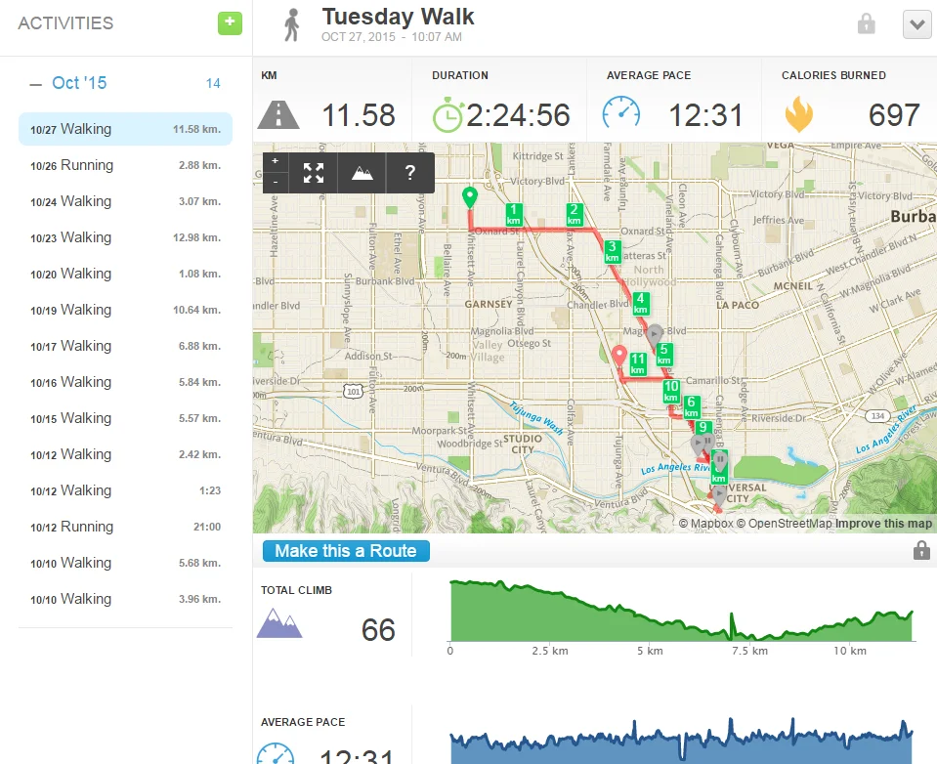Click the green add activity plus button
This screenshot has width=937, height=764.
tap(230, 23)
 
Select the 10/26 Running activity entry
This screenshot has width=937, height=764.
tap(125, 165)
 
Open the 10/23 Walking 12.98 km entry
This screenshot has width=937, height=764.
tap(125, 237)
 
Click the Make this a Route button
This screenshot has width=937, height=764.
tap(346, 551)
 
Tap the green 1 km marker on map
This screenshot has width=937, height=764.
tap(514, 214)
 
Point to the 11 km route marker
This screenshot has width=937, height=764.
tap(638, 364)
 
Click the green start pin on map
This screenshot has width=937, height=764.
tap(469, 197)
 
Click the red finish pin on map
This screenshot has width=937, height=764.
tap(618, 357)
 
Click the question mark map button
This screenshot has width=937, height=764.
tap(410, 173)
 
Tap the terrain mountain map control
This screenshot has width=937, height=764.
tap(362, 173)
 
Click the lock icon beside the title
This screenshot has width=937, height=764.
tap(866, 24)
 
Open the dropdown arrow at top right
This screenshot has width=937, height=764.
tap(917, 24)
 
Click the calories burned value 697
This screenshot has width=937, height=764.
tap(893, 115)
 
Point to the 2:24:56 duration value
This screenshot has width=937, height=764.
tap(518, 115)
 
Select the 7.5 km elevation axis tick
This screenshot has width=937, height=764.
tap(749, 651)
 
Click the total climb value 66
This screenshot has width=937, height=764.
tap(378, 630)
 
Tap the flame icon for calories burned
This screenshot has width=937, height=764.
tap(798, 115)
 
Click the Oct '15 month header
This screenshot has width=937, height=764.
tap(79, 83)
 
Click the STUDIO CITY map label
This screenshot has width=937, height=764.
tap(523, 444)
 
